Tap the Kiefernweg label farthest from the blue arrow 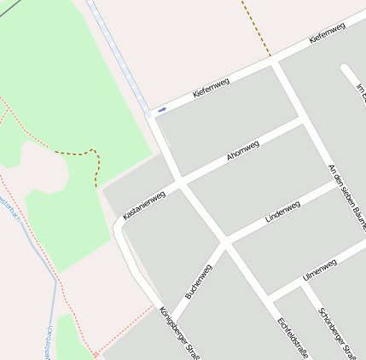pos(328,33)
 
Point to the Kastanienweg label pos(143,205)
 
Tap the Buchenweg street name pos(198,282)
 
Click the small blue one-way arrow pos(161,109)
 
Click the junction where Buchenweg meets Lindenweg pos(225,241)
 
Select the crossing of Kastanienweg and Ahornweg pos(178,183)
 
